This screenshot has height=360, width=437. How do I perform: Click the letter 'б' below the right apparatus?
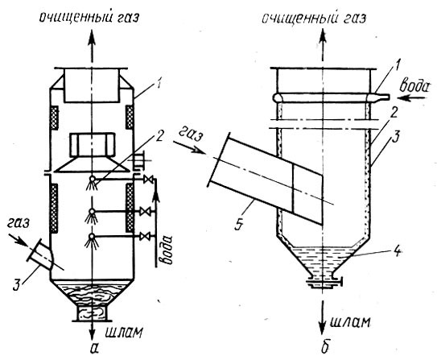pos(325,346)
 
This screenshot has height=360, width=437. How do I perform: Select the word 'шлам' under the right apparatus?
pos(350,322)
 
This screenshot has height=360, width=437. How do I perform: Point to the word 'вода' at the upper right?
pos(414,86)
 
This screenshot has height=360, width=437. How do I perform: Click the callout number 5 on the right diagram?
pos(239,223)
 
